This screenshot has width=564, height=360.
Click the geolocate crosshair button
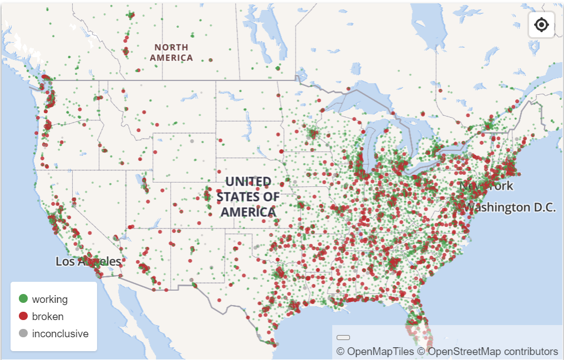(541, 24)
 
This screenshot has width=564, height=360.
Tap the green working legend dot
(23, 299)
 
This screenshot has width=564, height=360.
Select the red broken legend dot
(23, 316)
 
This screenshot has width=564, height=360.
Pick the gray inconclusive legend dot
(23, 333)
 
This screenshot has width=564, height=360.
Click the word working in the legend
(50, 300)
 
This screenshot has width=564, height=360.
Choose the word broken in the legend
(48, 317)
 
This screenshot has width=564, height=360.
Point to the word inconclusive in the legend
(60, 334)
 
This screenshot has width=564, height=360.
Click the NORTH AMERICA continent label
(171, 53)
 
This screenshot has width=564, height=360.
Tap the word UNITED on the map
(248, 182)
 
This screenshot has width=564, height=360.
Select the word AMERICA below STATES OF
(248, 212)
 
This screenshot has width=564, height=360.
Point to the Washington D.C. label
(510, 207)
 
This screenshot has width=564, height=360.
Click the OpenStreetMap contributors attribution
(487, 351)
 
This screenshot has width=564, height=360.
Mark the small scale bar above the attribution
(343, 337)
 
